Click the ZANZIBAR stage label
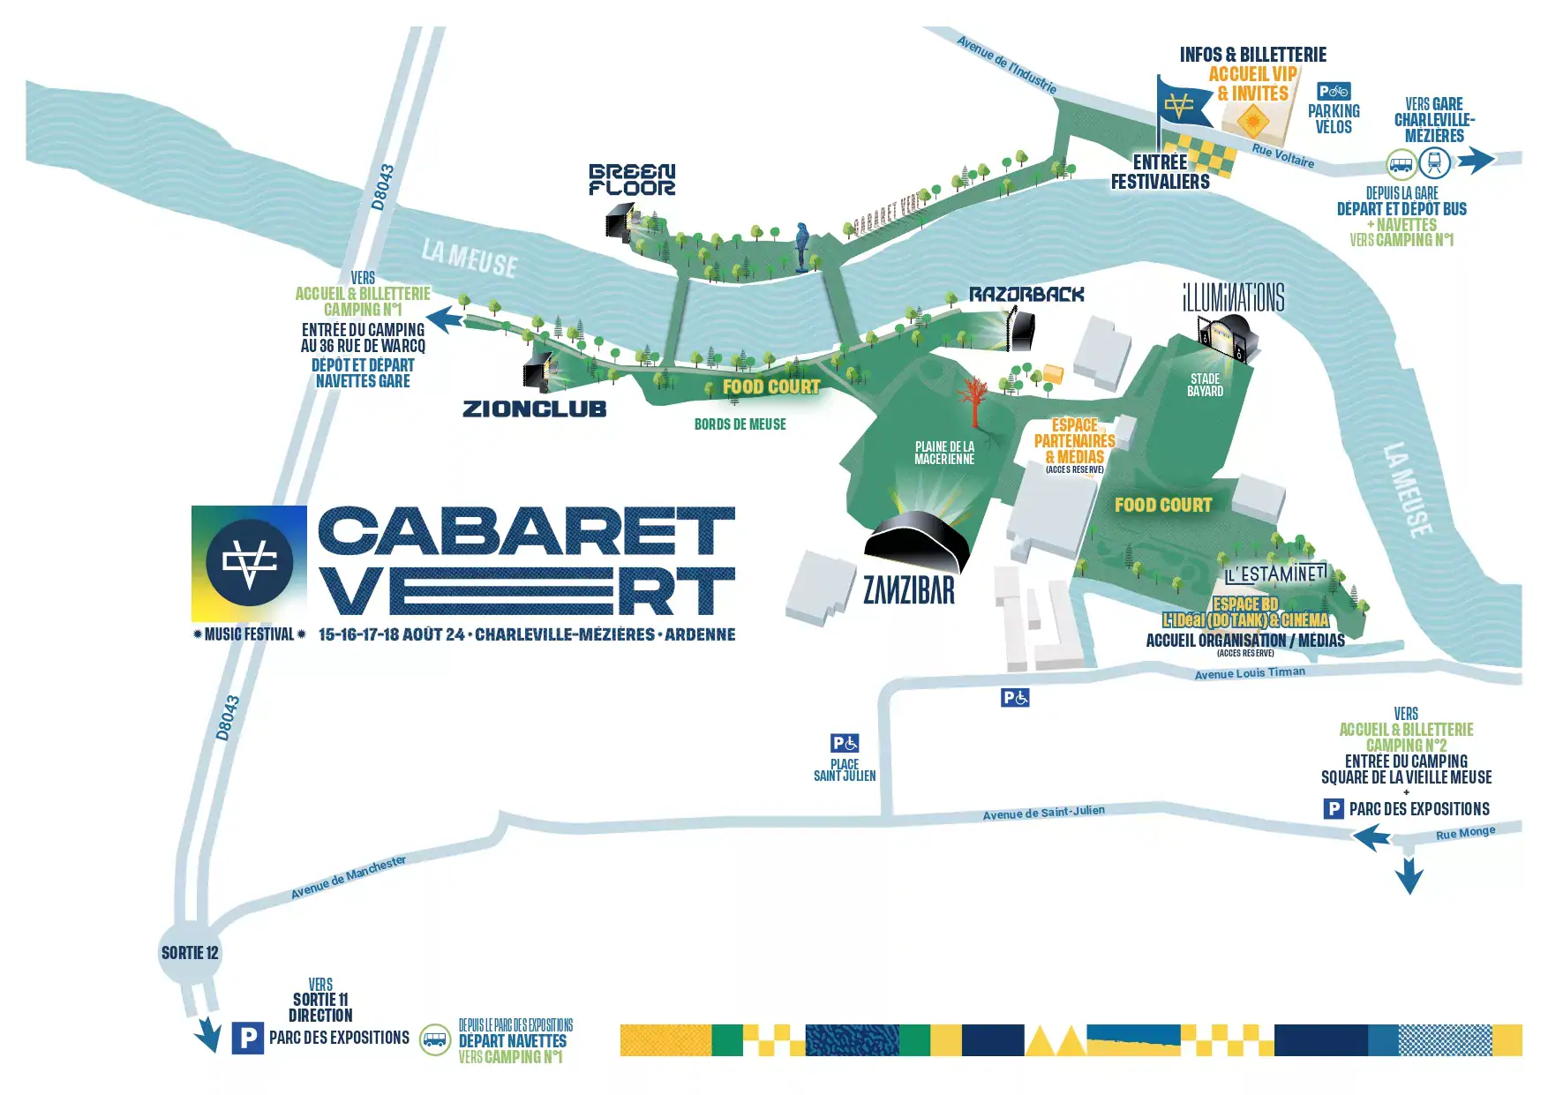pos(909,590)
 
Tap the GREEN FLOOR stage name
pos(632,179)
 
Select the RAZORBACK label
pos(1026,294)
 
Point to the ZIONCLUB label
pos(534,409)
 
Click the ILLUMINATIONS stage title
pos(1233,298)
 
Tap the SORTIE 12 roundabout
pos(190,953)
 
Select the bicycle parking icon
pos(1334,91)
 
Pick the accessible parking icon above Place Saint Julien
pos(845,743)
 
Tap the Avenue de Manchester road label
pos(349,876)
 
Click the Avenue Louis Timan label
pos(1250,673)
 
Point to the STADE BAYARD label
pos(1205,385)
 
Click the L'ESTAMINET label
pos(1275,574)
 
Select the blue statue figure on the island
pos(802,246)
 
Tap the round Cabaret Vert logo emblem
pos(249,563)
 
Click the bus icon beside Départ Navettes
pos(435,1039)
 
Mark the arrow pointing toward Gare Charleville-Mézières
pos(1476,160)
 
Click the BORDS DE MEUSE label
pos(740,424)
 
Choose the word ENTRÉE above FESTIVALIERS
pos(1160,162)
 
